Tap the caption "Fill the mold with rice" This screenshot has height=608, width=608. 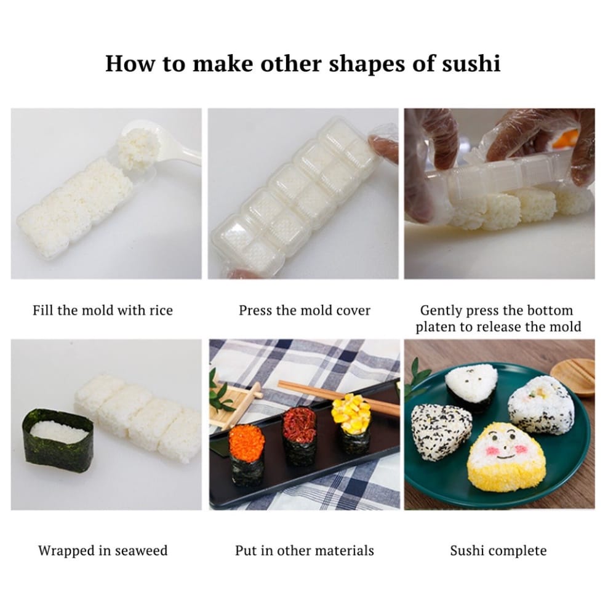(x=103, y=310)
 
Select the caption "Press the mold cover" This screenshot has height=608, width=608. (x=305, y=310)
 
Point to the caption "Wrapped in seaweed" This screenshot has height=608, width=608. (x=103, y=551)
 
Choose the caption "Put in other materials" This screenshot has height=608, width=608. (x=305, y=551)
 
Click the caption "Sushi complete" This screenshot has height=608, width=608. (x=498, y=551)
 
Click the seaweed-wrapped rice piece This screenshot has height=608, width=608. (x=57, y=441)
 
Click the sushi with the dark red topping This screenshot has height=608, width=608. (x=299, y=436)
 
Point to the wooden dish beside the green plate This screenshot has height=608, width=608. (x=574, y=374)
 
